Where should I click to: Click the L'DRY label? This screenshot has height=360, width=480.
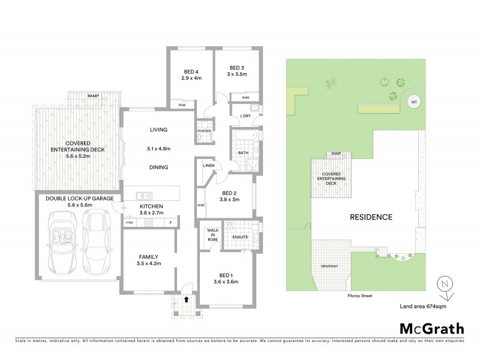[x=245, y=116]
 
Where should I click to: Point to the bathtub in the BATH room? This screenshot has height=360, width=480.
[x=242, y=136]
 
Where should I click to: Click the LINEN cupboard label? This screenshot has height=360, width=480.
[x=209, y=165]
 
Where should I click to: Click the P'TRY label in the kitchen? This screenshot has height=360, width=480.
[x=128, y=223]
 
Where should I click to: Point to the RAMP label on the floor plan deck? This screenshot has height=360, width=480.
[x=93, y=96]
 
